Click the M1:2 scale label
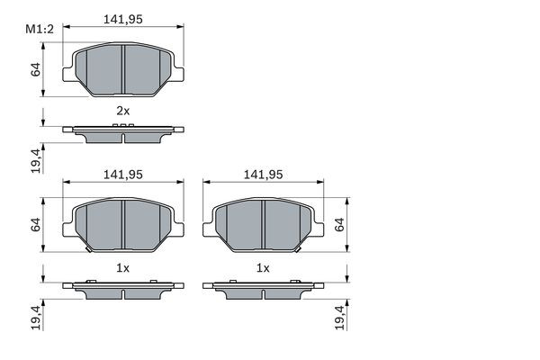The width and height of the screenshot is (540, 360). coord(40,30)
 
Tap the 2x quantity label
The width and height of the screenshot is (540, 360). coord(123,111)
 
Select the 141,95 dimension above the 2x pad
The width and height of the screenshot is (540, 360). coord(123,19)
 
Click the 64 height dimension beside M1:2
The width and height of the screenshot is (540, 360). coord(36,69)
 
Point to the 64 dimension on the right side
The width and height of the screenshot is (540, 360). coord(339,225)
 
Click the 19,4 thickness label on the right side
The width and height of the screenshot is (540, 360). coord(339,318)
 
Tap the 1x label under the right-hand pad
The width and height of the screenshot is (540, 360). coord(263,268)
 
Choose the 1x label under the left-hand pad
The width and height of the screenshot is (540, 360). coord(122,268)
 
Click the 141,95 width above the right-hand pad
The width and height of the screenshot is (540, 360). coord(263,175)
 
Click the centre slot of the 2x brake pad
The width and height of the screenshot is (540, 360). coord(123,69)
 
